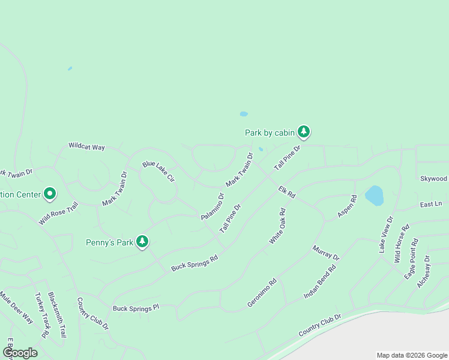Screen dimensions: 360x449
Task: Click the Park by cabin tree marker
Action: [x=304, y=131]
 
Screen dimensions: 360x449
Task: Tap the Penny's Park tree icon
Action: [x=142, y=241]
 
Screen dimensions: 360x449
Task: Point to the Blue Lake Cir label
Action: [x=158, y=171]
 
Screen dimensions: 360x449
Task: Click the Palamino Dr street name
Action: [x=212, y=206]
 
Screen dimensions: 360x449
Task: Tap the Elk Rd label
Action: [x=287, y=192]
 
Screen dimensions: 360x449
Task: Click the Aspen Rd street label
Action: [x=347, y=206]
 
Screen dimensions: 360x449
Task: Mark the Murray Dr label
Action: [x=326, y=253]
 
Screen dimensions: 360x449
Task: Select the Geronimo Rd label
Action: [x=262, y=293]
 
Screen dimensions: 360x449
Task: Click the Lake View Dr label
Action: [x=385, y=235]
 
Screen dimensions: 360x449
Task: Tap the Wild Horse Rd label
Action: [x=402, y=244]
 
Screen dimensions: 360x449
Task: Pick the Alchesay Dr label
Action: [x=424, y=272]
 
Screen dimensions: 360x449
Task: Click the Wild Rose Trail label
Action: [x=59, y=213]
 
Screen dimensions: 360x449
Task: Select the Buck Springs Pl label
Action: [x=136, y=308]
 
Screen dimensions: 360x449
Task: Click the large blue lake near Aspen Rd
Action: [x=373, y=194]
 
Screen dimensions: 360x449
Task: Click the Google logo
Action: [x=20, y=353]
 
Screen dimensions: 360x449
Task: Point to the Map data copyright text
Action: [x=411, y=355]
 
